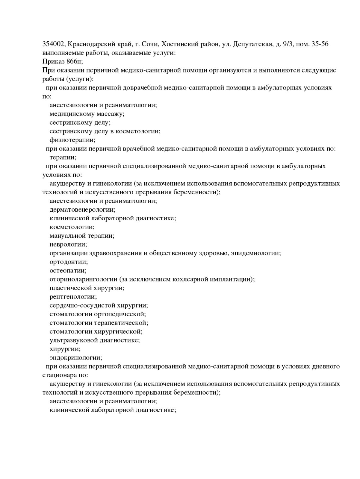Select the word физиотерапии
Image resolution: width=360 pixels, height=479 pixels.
coord(72,140)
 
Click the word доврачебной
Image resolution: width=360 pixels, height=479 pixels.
coord(141,88)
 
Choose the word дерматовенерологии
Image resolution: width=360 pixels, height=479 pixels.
coord(82,210)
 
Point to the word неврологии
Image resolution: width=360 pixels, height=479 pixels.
coord(68,244)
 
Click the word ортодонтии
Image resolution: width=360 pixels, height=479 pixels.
coord(69,262)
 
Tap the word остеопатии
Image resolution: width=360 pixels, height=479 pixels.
coord(68,271)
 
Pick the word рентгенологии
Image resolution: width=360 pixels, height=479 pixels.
coord(73,297)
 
